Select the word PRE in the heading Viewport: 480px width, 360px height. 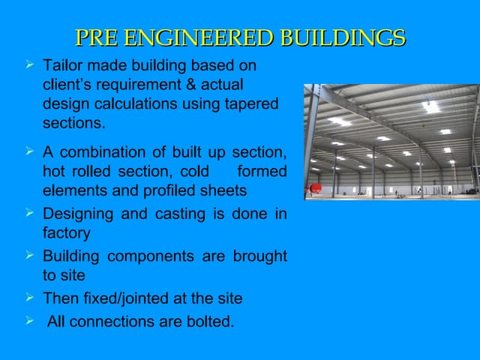pos(97,38)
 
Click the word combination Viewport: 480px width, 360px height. pos(100,153)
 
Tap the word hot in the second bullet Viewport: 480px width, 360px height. pos(53,172)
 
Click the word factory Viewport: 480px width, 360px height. pos(66,233)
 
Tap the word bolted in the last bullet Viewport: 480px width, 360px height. pos(211,323)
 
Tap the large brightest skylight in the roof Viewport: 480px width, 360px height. pos(430,106)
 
